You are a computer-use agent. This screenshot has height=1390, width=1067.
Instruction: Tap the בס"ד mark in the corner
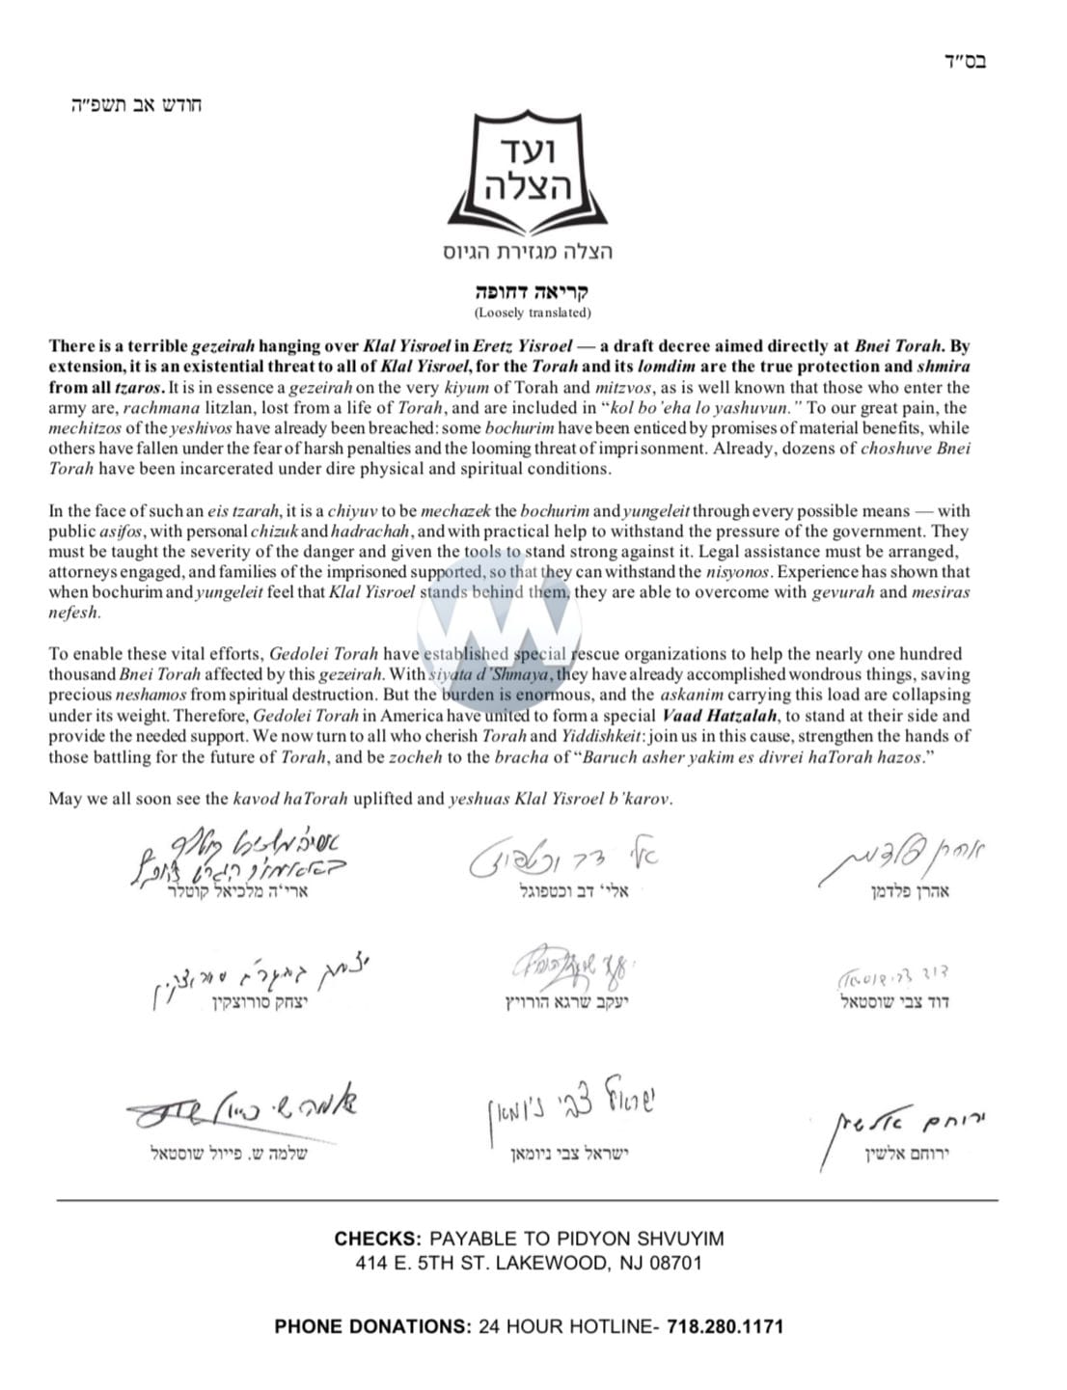[966, 63]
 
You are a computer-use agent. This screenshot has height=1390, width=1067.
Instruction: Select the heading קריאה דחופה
[533, 291]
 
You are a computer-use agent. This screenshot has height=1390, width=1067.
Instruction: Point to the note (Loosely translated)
[533, 313]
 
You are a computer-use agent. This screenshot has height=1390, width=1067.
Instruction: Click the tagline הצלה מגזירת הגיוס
[527, 253]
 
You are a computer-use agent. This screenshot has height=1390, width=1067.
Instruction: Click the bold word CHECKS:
[377, 1240]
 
